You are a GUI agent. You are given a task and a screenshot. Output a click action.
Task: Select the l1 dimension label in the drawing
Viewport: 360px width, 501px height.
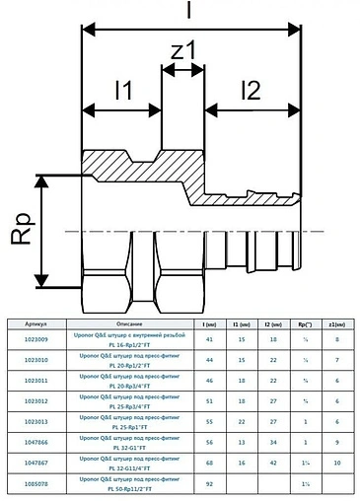[121, 92]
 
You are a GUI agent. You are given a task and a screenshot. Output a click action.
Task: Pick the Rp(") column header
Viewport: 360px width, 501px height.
[306, 322]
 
